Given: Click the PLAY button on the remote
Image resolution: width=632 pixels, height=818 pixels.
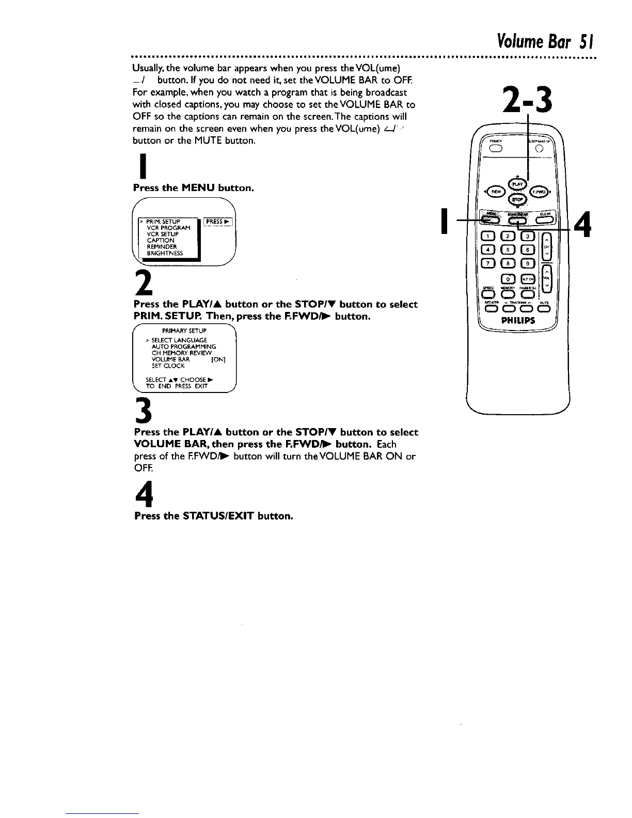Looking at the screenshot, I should (x=516, y=183).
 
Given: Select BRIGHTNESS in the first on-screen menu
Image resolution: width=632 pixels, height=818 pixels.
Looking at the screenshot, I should (x=165, y=253).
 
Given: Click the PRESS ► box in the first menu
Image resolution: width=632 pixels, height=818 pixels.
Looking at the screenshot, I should (x=218, y=222).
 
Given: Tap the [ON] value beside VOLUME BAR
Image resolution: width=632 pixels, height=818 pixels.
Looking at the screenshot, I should (x=218, y=359).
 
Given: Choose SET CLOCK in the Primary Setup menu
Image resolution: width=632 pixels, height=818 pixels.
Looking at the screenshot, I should (x=168, y=366).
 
